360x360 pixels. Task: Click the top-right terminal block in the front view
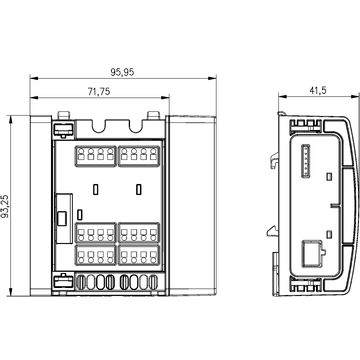point(137,157)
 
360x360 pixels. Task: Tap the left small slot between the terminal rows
point(95,189)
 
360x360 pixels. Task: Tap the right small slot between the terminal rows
point(136,189)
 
